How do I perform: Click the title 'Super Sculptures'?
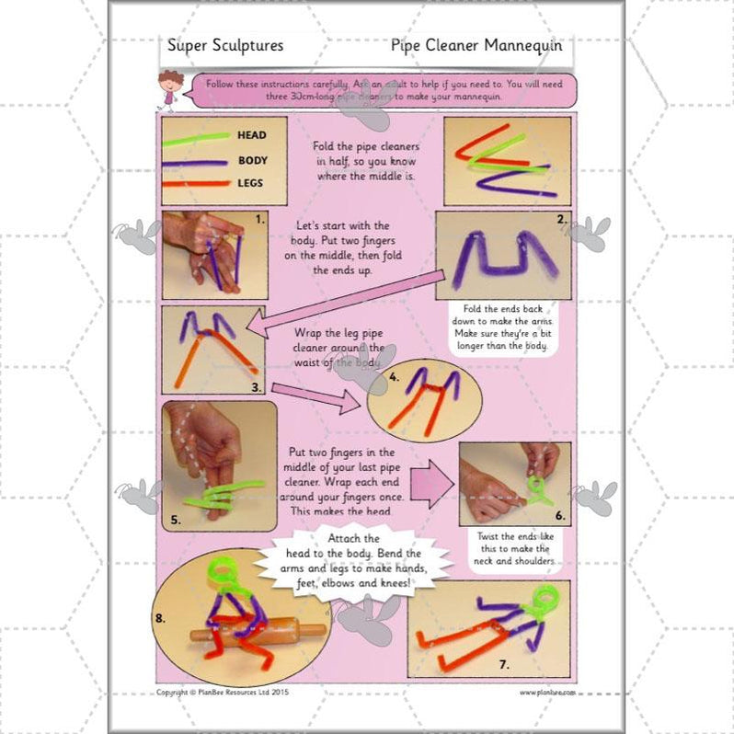click(x=225, y=45)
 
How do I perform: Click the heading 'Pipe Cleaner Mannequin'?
click(x=476, y=44)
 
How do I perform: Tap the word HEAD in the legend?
click(x=251, y=135)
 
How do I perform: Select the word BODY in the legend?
click(x=251, y=159)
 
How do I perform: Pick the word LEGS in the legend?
click(x=250, y=183)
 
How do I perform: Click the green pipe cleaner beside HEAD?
click(x=196, y=138)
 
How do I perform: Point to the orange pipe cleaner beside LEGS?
click(x=196, y=183)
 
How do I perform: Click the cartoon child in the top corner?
click(x=170, y=89)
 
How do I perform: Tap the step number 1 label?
click(x=261, y=221)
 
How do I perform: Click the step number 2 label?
click(x=561, y=220)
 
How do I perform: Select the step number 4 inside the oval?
click(x=393, y=376)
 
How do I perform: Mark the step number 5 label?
click(x=175, y=519)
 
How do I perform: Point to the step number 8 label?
click(x=160, y=618)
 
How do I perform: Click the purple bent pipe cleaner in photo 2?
click(x=505, y=253)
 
